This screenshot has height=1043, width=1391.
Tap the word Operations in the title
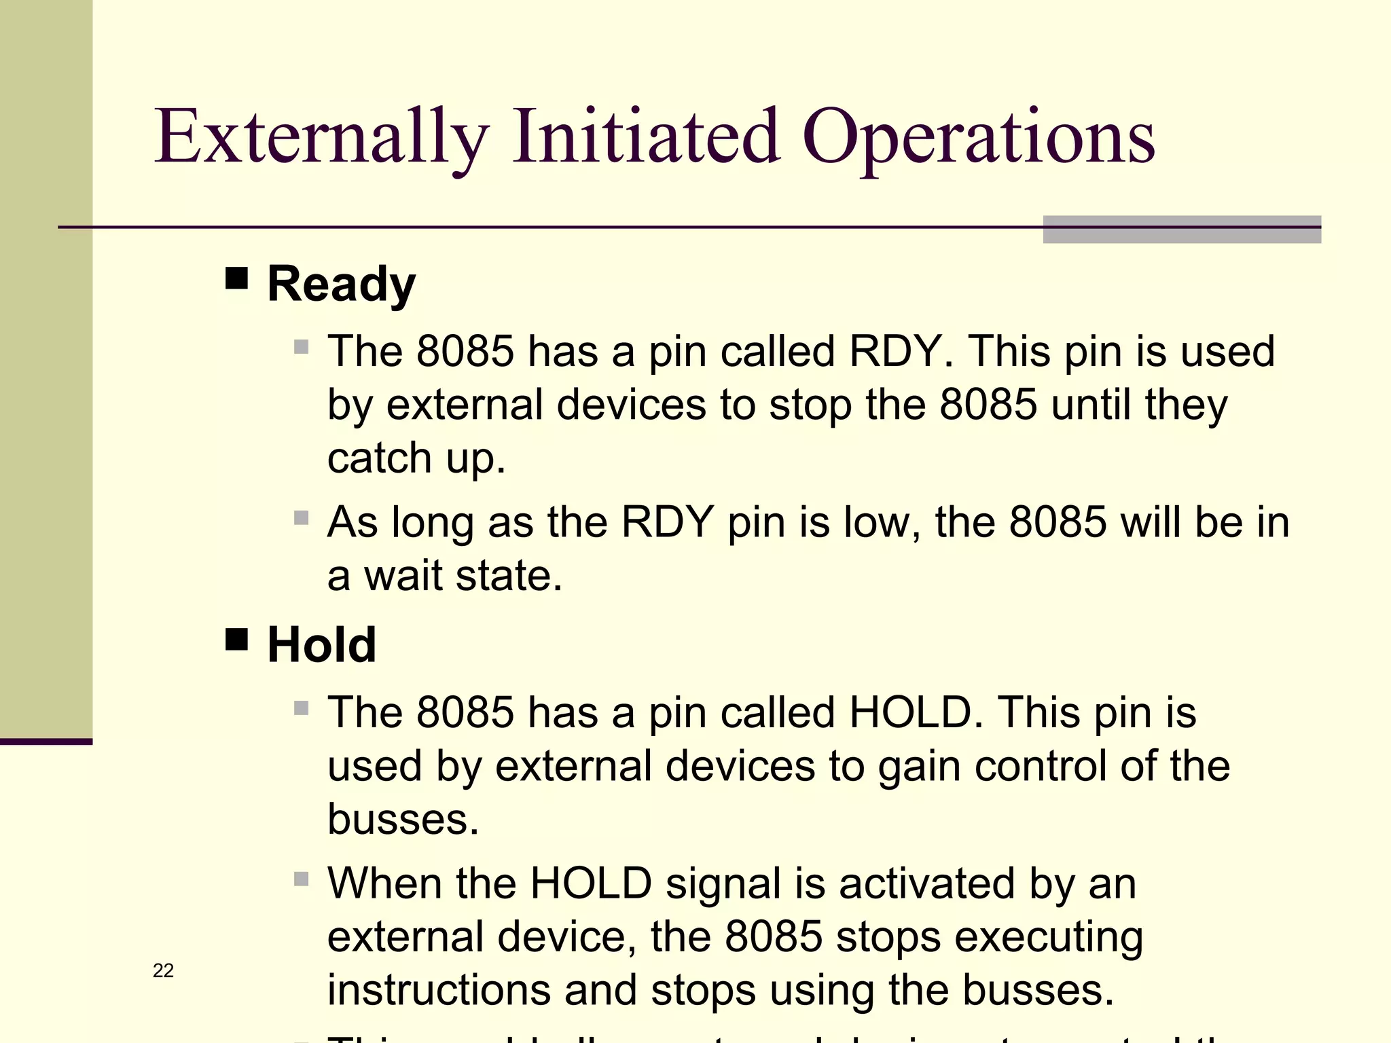978,139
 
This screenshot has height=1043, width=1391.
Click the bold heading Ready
341,284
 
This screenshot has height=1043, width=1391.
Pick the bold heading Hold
322,645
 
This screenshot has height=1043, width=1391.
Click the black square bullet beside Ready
236,278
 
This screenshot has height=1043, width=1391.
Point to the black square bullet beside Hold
236,639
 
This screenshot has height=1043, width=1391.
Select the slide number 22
163,971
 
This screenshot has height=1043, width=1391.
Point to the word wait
403,576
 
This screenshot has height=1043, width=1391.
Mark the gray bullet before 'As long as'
302,519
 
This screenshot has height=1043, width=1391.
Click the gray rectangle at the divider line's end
1181,230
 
